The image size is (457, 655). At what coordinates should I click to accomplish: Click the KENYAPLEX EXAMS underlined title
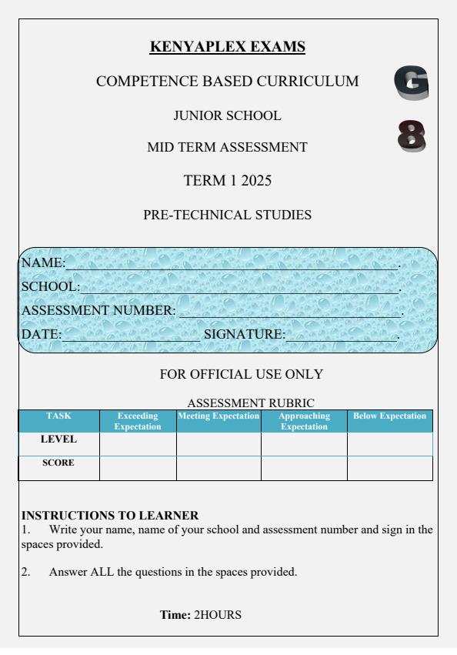pyautogui.click(x=228, y=48)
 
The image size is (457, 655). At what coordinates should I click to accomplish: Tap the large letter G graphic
pyautogui.click(x=411, y=84)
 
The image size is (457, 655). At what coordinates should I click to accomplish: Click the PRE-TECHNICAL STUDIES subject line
pyautogui.click(x=228, y=216)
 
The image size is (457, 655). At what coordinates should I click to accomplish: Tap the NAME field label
pyautogui.click(x=42, y=263)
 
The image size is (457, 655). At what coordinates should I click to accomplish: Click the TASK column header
pyautogui.click(x=58, y=416)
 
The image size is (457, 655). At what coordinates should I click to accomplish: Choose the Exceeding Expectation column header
pyautogui.click(x=138, y=421)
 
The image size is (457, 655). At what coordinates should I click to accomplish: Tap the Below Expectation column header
pyautogui.click(x=389, y=416)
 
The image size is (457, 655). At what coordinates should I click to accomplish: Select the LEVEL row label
pyautogui.click(x=58, y=440)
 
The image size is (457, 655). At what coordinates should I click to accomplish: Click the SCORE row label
pyautogui.click(x=58, y=463)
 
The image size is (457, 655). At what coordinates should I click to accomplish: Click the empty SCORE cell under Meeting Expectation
pyautogui.click(x=218, y=468)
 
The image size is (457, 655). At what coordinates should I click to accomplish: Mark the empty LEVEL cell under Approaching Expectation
pyautogui.click(x=304, y=444)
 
